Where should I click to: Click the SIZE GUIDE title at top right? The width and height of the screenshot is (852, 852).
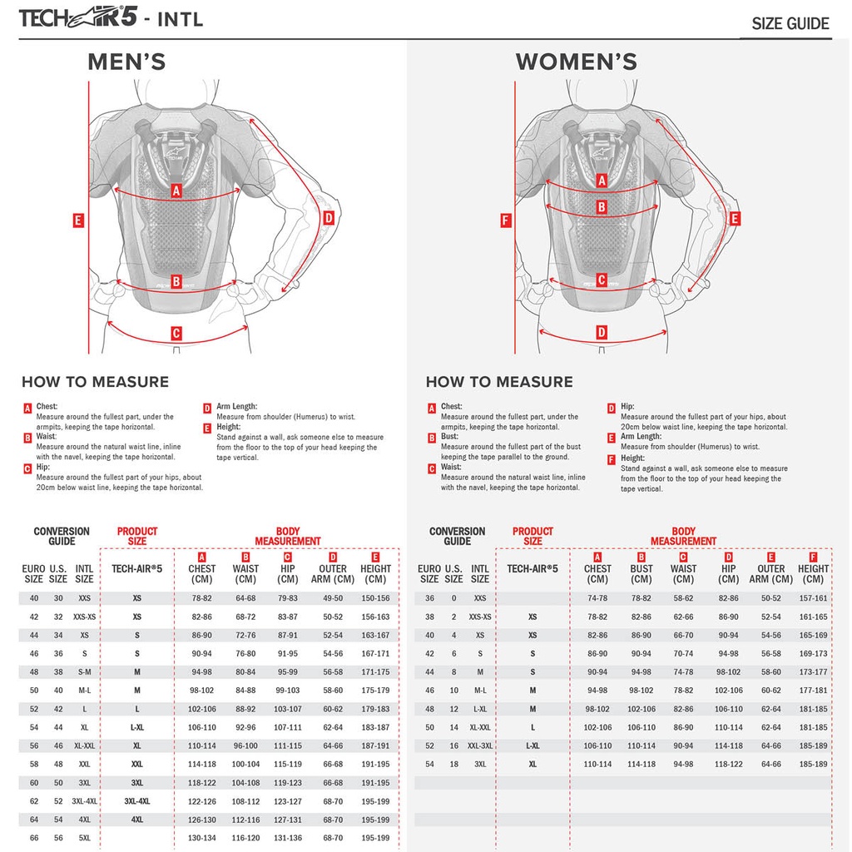click(790, 23)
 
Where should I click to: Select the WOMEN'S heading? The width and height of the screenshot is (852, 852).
click(576, 62)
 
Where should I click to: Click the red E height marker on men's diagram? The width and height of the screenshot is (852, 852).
click(78, 220)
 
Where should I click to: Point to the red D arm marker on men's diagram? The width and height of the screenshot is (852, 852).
click(328, 218)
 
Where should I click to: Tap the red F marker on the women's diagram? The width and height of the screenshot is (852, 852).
click(505, 220)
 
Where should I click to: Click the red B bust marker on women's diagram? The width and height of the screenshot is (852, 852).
click(602, 207)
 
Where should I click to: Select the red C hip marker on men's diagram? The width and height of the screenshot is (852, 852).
click(176, 334)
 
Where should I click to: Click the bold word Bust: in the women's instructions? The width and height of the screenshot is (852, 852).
click(450, 436)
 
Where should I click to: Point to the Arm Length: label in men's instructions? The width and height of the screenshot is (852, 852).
click(237, 407)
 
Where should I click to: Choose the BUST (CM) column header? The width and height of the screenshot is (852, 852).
click(641, 574)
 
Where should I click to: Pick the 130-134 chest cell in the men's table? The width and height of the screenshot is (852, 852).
click(201, 838)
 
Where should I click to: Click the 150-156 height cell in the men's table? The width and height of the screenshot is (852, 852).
click(375, 598)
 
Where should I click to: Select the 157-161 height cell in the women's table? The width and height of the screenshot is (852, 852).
click(813, 598)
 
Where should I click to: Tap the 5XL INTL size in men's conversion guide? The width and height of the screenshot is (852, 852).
click(84, 838)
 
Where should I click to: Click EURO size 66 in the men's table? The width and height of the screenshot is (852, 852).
click(34, 838)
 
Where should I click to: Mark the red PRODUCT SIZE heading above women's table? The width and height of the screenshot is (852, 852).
click(532, 536)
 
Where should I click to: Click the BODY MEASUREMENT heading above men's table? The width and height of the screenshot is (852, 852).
click(288, 536)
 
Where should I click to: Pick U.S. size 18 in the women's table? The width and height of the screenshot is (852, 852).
click(453, 764)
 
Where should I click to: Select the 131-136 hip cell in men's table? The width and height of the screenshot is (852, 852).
click(288, 838)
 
